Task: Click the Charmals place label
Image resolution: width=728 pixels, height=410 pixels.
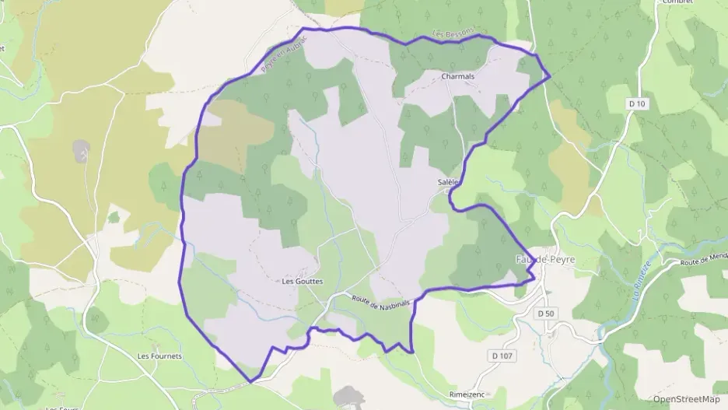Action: coord(457,77)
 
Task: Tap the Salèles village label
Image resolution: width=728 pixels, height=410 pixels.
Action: coord(450,183)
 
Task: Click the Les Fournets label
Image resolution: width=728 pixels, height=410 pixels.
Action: coord(159,356)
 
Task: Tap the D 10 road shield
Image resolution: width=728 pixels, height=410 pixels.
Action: coord(637,103)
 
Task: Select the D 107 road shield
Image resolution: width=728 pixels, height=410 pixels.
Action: coord(502,356)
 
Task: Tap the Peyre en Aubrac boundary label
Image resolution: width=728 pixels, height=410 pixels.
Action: coord(281,56)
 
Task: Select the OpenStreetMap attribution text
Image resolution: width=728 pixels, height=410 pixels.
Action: coord(686,399)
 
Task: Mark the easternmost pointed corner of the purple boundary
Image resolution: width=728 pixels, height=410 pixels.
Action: coord(550,76)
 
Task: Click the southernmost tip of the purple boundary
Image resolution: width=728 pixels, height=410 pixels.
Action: coord(251,382)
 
